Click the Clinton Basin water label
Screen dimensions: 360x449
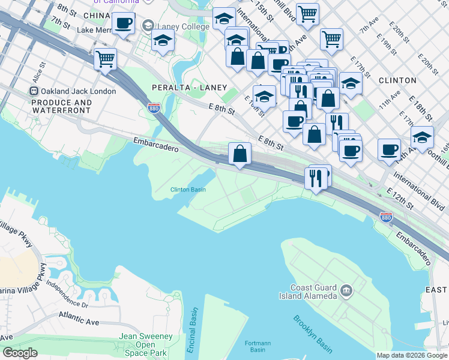(188, 190)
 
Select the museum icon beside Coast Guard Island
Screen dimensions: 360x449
(346, 291)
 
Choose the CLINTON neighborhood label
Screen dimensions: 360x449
(397, 80)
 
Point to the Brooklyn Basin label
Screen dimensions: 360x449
(313, 334)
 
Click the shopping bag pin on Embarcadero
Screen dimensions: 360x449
(240, 154)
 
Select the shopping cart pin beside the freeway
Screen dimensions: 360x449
(105, 59)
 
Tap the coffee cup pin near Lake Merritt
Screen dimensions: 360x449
(123, 23)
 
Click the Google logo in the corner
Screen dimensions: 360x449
(19, 353)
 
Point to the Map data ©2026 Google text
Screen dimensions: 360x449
(412, 355)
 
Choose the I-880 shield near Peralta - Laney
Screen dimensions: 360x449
(152, 109)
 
